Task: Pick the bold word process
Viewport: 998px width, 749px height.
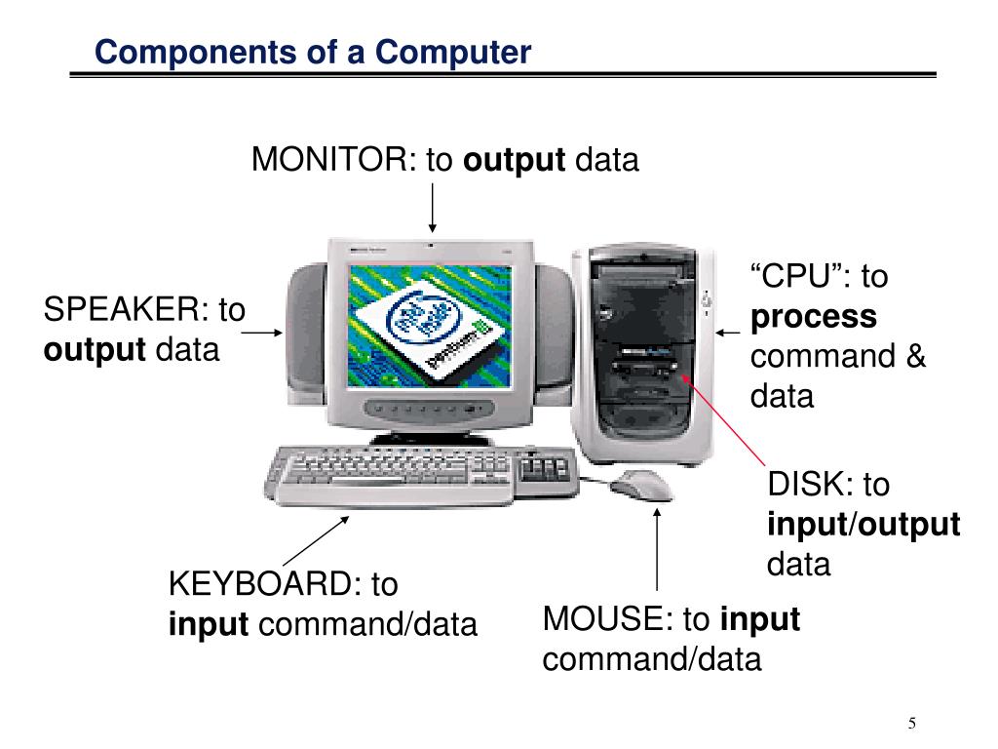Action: coord(813,317)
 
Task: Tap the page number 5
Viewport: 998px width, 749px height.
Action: coord(912,723)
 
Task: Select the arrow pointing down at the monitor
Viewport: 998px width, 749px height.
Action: coord(431,205)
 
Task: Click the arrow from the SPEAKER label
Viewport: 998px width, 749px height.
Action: coord(261,333)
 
